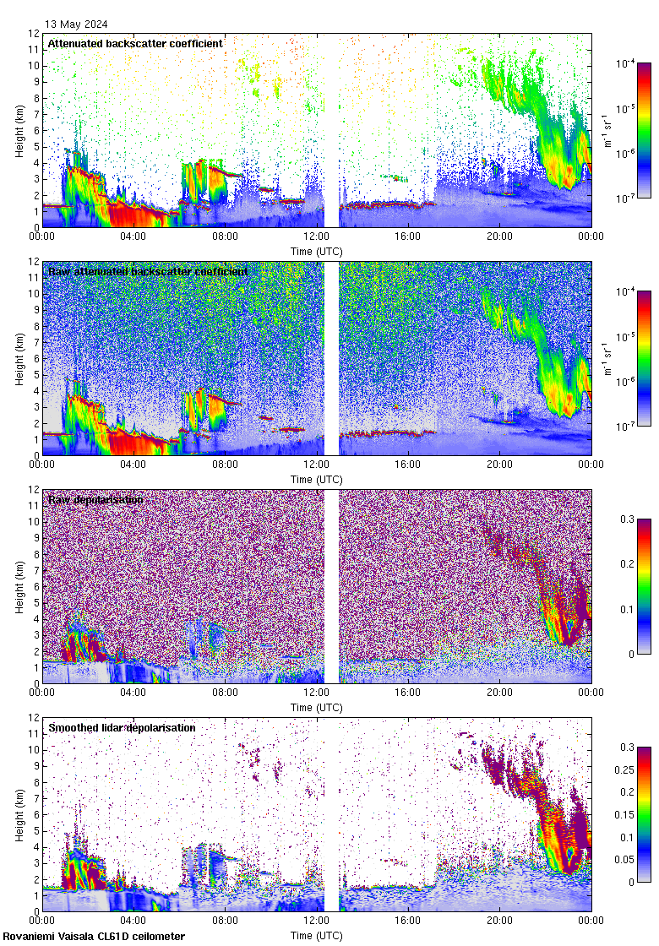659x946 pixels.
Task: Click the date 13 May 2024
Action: coord(76,24)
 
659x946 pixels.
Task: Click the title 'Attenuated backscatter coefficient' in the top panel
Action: coord(135,43)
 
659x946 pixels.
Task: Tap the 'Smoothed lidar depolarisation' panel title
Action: coord(122,727)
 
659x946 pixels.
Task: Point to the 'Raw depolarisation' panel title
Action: coord(95,499)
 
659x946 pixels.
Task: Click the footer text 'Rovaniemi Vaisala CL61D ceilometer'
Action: coord(94,936)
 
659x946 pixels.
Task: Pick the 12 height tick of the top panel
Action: coord(34,34)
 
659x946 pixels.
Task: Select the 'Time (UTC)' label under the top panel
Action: coord(316,251)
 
